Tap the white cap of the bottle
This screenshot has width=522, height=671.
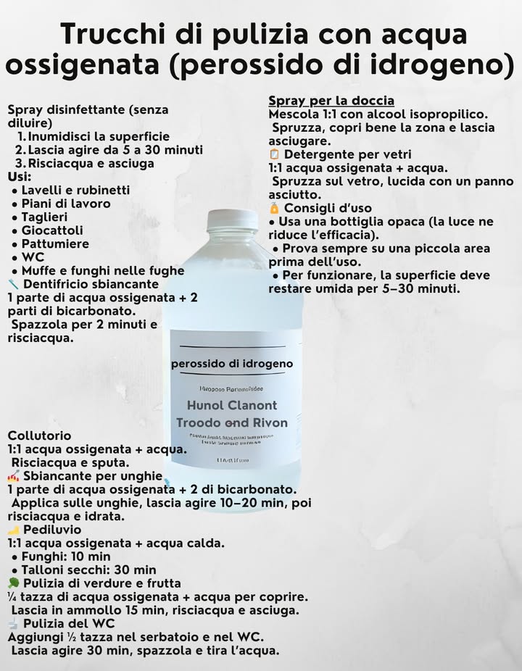[x=232, y=220]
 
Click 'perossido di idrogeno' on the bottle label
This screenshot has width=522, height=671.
[x=232, y=364]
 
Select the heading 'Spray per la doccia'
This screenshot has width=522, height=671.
[x=331, y=101]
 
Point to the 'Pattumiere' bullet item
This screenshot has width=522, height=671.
[x=55, y=243]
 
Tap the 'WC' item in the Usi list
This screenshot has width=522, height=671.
[x=33, y=257]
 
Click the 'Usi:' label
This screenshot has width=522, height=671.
[x=20, y=177]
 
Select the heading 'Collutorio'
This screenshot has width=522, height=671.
[x=40, y=435]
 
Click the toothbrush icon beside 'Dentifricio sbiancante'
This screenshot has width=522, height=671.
[x=13, y=284]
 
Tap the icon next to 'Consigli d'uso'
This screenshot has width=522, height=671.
[x=274, y=208]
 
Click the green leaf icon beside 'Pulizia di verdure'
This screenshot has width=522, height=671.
[x=14, y=583]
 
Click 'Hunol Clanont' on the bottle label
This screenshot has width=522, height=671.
[x=232, y=405]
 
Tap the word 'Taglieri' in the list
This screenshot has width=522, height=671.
[x=44, y=217]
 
